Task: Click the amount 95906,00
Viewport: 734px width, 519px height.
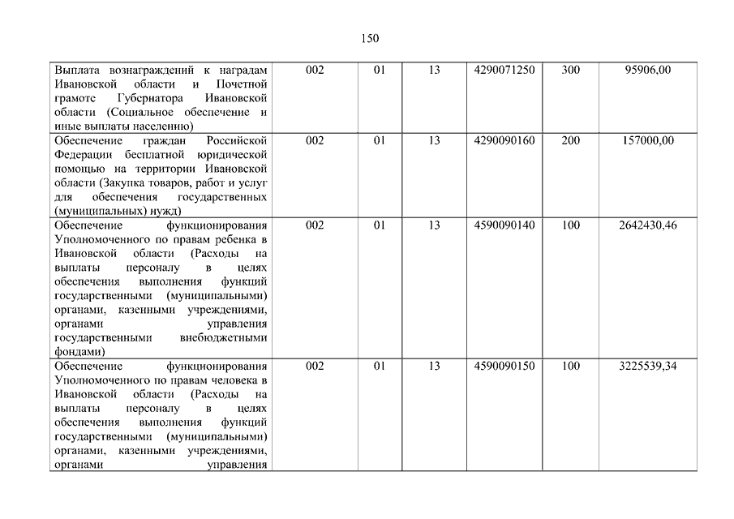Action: [647, 71]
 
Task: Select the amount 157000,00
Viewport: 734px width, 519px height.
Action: [647, 141]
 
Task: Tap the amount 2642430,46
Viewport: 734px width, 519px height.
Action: [647, 225]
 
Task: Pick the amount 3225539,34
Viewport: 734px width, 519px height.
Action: [647, 367]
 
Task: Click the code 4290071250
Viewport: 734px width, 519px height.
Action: [504, 71]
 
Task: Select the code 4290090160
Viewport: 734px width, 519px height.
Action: [504, 141]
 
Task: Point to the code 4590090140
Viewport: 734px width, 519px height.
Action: [504, 225]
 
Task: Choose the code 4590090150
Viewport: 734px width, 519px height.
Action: [504, 367]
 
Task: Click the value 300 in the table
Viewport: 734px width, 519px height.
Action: [570, 71]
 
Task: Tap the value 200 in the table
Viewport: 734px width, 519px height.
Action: [570, 141]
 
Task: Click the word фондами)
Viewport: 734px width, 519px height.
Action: [79, 352]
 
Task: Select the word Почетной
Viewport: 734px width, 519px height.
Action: [241, 84]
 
